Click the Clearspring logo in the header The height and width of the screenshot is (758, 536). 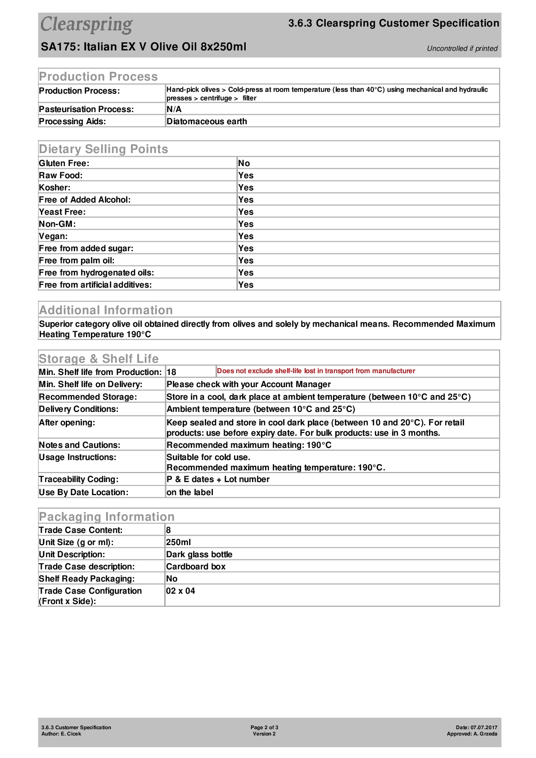coord(86,25)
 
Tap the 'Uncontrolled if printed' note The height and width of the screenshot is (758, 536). coord(462,49)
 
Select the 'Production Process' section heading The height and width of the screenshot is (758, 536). coord(98,77)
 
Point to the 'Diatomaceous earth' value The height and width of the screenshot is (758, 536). coord(207,122)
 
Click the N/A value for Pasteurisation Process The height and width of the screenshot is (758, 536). coord(174,109)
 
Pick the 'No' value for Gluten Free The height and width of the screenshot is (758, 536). coord(244,163)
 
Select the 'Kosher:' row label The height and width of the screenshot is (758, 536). coord(54,188)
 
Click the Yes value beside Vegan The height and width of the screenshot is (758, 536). coord(246,236)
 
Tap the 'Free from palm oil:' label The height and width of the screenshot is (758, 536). coord(77,261)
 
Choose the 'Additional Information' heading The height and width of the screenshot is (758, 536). coord(106,310)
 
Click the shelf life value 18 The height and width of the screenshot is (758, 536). coord(171,372)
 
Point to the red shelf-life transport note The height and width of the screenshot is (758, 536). coord(316,371)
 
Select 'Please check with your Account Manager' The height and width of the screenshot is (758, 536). coord(248,384)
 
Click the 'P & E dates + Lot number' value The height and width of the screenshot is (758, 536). coord(218,479)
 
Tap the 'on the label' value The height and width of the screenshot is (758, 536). coord(189,492)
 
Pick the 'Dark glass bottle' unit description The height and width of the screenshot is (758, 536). coord(199,555)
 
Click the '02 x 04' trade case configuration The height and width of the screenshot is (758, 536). coord(180,591)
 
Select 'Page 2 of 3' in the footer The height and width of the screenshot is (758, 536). coord(264,727)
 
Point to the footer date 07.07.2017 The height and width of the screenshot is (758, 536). coord(484,727)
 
